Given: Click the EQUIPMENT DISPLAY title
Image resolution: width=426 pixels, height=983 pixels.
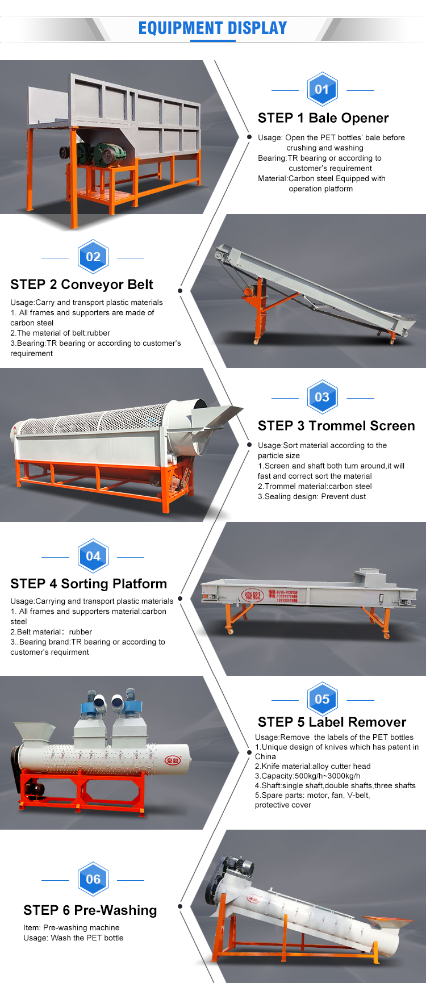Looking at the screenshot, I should [213, 28].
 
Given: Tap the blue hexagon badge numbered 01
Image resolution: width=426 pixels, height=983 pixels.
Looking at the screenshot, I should [322, 89].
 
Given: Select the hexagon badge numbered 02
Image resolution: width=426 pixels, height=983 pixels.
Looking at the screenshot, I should [93, 257].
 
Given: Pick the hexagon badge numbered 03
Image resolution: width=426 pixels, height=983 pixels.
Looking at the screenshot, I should [322, 397].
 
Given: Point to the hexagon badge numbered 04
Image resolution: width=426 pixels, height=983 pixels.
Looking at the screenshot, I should [93, 556].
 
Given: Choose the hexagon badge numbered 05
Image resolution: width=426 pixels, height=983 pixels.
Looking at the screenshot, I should [322, 699].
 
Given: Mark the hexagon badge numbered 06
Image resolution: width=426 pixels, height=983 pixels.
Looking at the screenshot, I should [93, 879].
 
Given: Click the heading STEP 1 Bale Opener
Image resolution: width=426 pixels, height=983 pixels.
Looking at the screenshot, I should [323, 118].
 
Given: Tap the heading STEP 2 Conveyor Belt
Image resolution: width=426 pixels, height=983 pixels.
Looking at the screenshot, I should [82, 285].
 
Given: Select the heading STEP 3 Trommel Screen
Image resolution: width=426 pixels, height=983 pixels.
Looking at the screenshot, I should [336, 426].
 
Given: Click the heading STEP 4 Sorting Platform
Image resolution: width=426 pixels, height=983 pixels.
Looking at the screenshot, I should [89, 584].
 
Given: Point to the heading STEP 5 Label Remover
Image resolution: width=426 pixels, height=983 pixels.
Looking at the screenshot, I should [332, 722].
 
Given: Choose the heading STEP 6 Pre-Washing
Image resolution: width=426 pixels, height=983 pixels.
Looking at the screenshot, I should [90, 910].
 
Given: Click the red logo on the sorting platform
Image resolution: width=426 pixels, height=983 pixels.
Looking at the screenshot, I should [252, 595].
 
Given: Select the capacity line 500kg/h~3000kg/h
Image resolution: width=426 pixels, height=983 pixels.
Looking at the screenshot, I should [307, 776].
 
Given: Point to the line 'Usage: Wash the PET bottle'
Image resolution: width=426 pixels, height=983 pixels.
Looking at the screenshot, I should [73, 938].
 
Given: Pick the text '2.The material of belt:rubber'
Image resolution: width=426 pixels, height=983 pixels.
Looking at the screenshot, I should [60, 333].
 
